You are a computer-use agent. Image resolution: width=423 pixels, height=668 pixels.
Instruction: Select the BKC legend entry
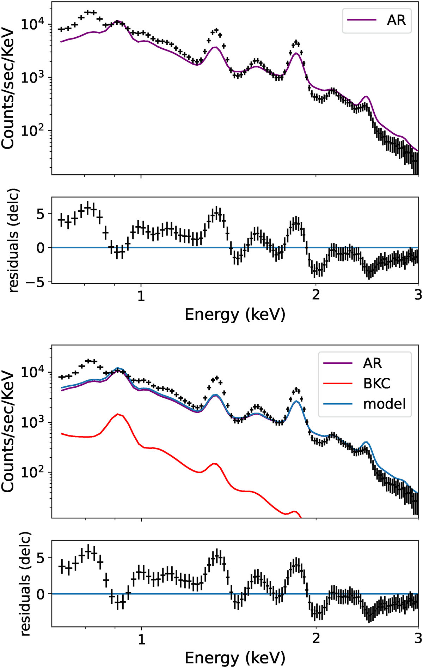[x=376, y=383]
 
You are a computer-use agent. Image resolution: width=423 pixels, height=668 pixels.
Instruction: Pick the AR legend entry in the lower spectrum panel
[x=372, y=363]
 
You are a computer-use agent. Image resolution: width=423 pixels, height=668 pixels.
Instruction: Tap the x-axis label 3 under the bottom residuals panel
[x=418, y=638]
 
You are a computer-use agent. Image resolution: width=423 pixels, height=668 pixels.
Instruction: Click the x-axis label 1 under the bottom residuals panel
[x=141, y=638]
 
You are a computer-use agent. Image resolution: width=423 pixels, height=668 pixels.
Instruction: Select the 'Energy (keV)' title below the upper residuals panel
[x=235, y=314]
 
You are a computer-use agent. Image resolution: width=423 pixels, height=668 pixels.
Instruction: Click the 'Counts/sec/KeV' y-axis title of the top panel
[x=8, y=88]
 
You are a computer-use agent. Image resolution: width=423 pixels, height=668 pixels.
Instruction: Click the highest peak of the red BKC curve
[x=118, y=414]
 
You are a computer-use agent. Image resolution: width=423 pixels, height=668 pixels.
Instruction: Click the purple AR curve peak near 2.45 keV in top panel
[x=366, y=96]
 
